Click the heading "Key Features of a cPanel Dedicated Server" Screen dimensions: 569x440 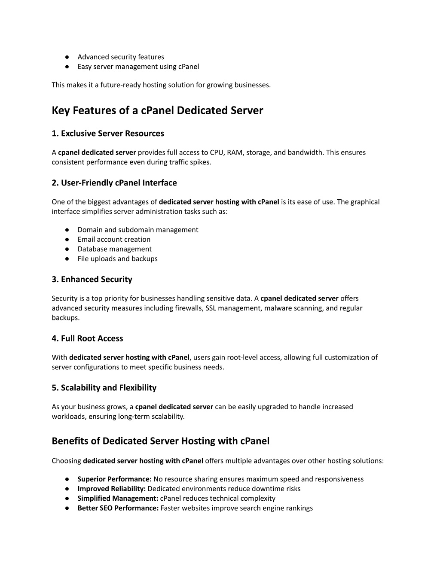coord(157,110)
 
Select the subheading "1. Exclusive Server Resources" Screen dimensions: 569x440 coord(108,134)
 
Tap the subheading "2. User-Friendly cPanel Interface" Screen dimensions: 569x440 coord(114,183)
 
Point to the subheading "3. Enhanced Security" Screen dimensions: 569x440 coord(92,280)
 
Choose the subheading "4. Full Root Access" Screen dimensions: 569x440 coord(87,338)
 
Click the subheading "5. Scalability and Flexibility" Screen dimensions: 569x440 coord(104,388)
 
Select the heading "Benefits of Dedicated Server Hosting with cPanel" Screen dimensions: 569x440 coord(161,441)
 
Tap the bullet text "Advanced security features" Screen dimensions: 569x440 coord(121,57)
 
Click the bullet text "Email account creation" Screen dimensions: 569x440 coord(114,239)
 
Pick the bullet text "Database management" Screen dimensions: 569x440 coord(114,249)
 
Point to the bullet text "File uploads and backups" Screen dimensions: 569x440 coord(117,259)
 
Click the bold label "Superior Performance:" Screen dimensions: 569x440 coord(115,479)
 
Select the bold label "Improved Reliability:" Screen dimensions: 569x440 coord(112,489)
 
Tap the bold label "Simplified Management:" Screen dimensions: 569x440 coord(118,499)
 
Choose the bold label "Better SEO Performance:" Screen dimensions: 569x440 coord(118,508)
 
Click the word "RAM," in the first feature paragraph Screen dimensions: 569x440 coord(235,152)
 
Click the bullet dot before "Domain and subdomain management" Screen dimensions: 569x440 coord(67,230)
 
